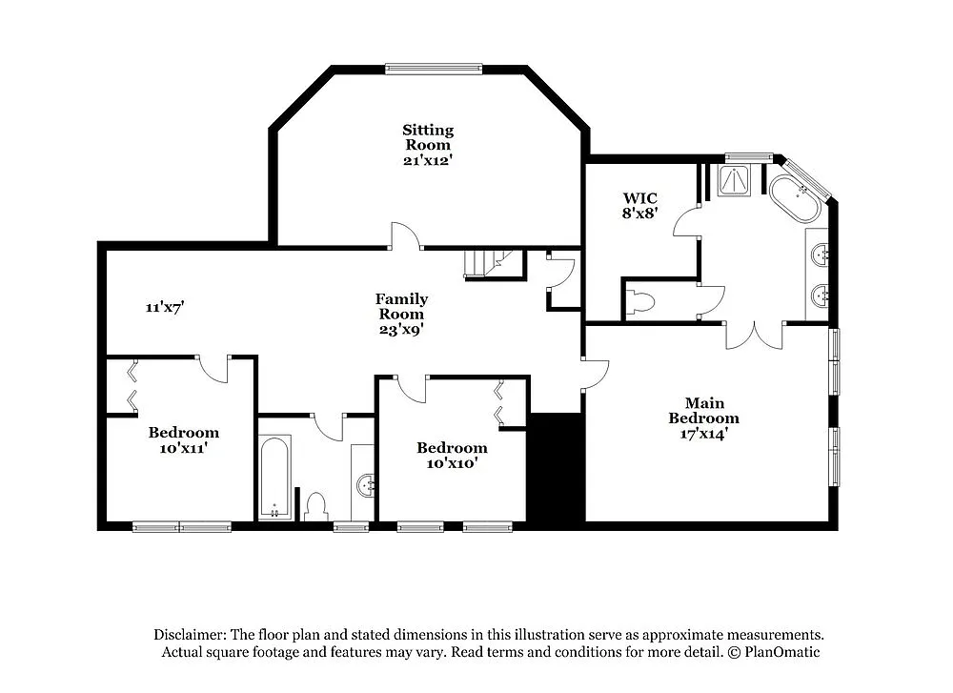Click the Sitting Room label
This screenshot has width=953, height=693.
(427, 145)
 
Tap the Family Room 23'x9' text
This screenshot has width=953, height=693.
(400, 314)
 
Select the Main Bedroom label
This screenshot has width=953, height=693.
(703, 411)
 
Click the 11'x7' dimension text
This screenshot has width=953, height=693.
(164, 307)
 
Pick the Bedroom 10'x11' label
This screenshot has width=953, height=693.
(184, 439)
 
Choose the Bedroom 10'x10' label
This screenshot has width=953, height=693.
(452, 455)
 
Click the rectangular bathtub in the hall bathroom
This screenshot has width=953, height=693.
(275, 477)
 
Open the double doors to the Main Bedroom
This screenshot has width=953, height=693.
(754, 335)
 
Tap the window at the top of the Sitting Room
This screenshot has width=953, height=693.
(434, 69)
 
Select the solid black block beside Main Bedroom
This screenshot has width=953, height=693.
(556, 467)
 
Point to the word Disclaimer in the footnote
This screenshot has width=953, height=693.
(190, 634)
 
